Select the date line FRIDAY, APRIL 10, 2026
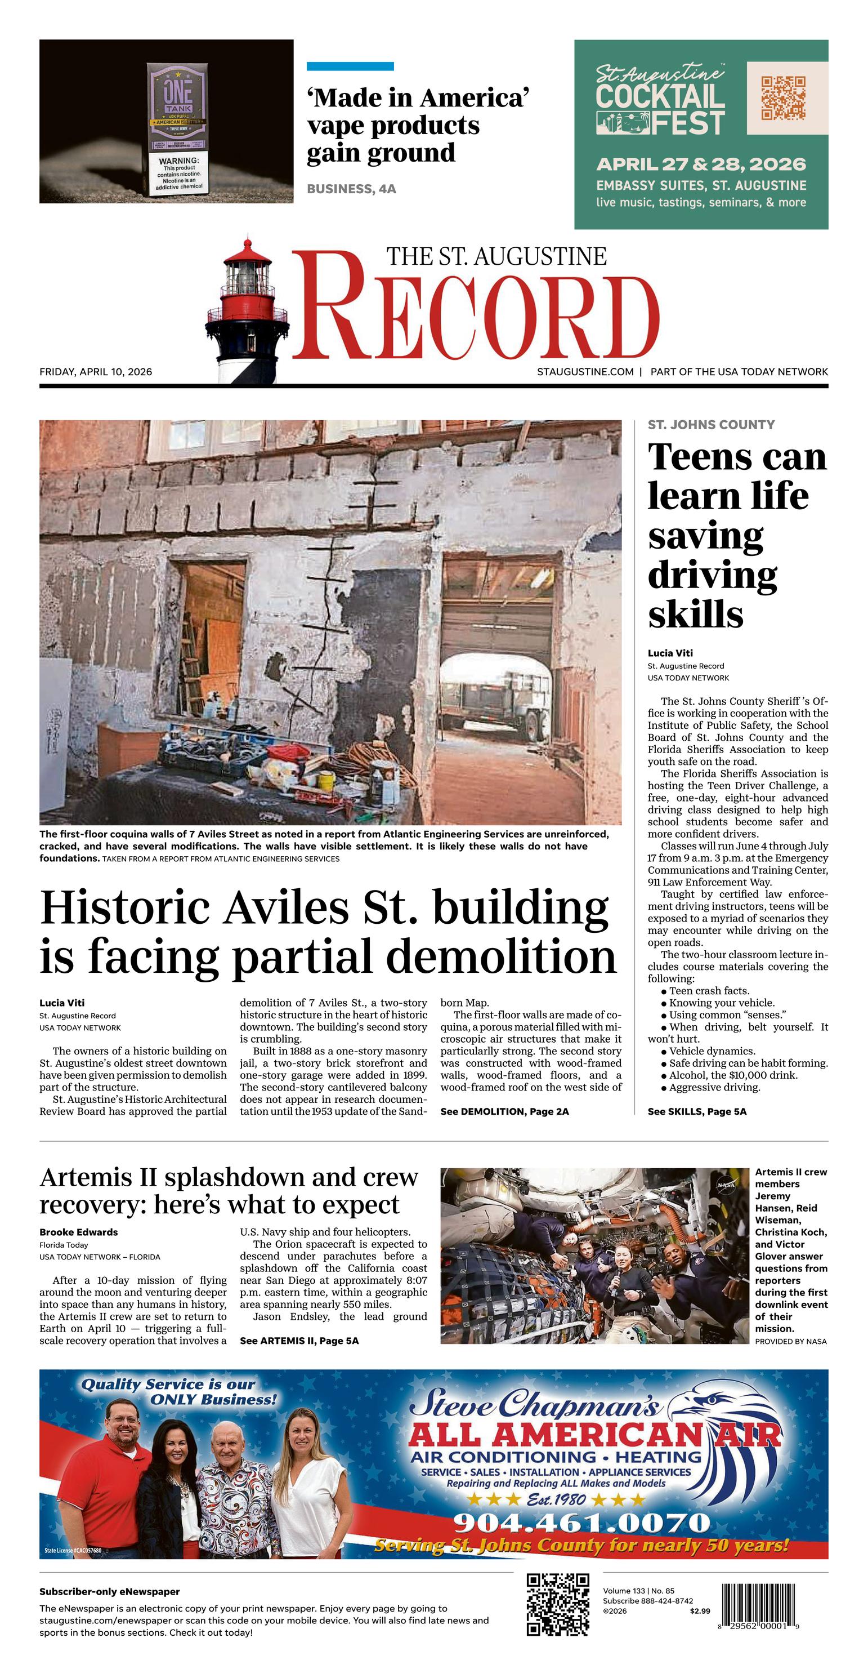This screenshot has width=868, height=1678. [96, 372]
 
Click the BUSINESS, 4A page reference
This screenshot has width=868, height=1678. [351, 189]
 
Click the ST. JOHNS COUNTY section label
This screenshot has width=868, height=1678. [711, 425]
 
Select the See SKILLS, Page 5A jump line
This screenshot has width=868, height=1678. [697, 1111]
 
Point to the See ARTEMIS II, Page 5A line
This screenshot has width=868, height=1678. [299, 1341]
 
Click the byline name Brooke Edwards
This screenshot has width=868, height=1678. [78, 1232]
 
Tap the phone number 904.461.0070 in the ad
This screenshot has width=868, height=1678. [581, 1524]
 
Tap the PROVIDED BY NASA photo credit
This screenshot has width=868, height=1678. [790, 1341]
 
